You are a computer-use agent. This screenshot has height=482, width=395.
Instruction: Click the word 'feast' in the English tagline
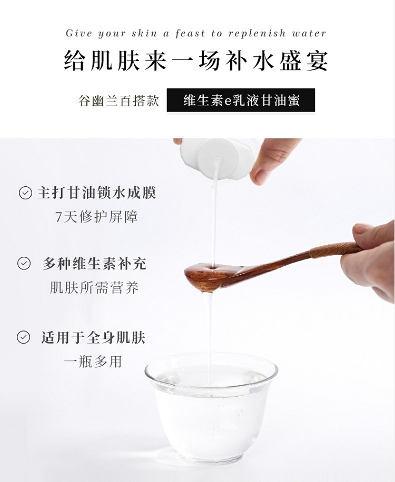190,33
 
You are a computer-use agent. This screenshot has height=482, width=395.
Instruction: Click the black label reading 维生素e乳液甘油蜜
241,100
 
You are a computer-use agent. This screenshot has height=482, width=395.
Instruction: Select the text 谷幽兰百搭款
118,101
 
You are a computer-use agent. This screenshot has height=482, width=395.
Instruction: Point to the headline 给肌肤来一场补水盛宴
196,60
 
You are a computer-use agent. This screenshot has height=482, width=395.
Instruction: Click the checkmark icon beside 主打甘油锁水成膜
25,193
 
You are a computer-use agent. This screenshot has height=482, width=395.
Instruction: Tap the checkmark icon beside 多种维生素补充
24,264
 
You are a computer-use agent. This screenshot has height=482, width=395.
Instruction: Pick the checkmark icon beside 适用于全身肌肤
23,337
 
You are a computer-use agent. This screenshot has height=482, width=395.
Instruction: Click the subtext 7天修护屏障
96,217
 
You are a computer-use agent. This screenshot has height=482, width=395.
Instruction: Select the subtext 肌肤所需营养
94,287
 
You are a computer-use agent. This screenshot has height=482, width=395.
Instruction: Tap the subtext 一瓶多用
93,361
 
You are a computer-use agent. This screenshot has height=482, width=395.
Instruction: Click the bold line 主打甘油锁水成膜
97,193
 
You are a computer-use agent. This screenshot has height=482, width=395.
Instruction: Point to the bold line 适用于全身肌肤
93,337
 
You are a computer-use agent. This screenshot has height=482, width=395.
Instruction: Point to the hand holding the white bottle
271,160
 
